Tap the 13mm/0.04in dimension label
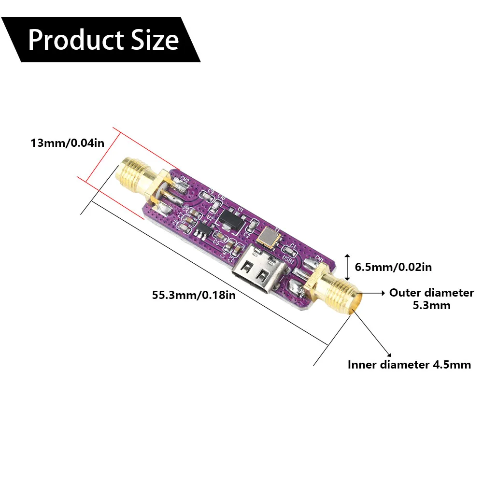(67, 143)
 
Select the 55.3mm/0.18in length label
(194, 295)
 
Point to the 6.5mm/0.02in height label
(393, 267)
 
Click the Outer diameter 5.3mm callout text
(431, 298)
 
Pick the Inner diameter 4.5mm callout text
(409, 365)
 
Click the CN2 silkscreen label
(185, 181)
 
